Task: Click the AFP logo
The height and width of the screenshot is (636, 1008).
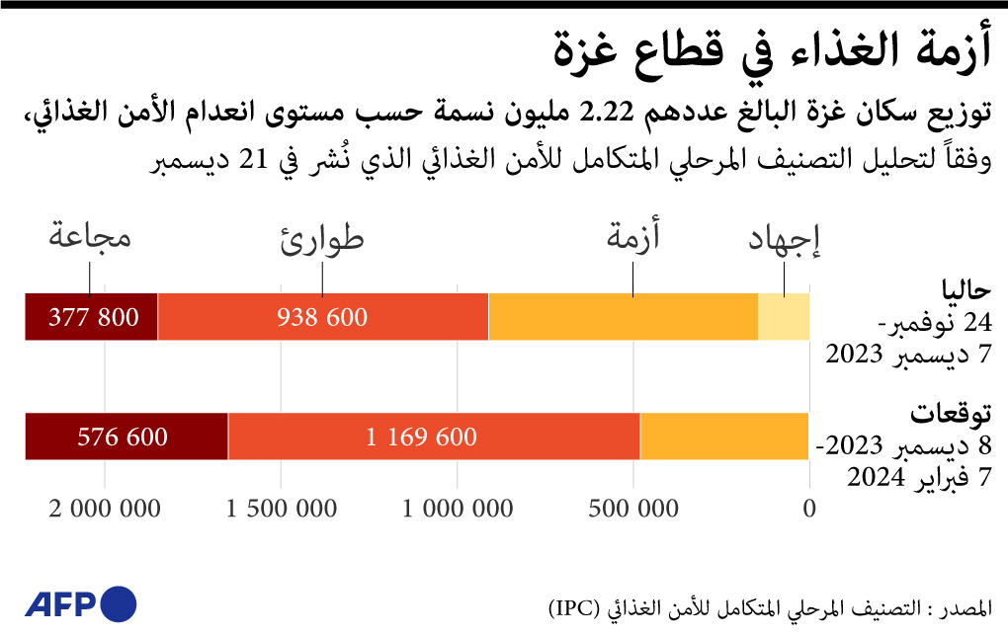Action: coord(79,603)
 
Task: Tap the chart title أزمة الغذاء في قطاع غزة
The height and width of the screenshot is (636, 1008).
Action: coord(771,50)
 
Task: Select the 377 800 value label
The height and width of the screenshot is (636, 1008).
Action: coord(91,317)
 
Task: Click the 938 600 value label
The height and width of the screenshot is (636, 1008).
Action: coord(321,317)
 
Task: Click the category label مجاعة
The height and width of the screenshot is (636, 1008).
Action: coord(89,238)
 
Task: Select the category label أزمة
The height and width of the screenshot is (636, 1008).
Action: coord(632,238)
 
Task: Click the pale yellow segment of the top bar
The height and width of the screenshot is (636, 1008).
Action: coord(784,317)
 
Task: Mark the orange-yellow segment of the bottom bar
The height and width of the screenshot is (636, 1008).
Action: coord(724,437)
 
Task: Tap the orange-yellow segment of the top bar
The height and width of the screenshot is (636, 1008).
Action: coord(623,317)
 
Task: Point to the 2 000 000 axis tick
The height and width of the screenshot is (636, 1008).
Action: coord(104,510)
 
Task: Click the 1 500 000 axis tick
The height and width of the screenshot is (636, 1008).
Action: coord(281,510)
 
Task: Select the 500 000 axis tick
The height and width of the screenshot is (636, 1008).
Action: coord(633,510)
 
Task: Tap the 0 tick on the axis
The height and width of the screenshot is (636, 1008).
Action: coord(809,510)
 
